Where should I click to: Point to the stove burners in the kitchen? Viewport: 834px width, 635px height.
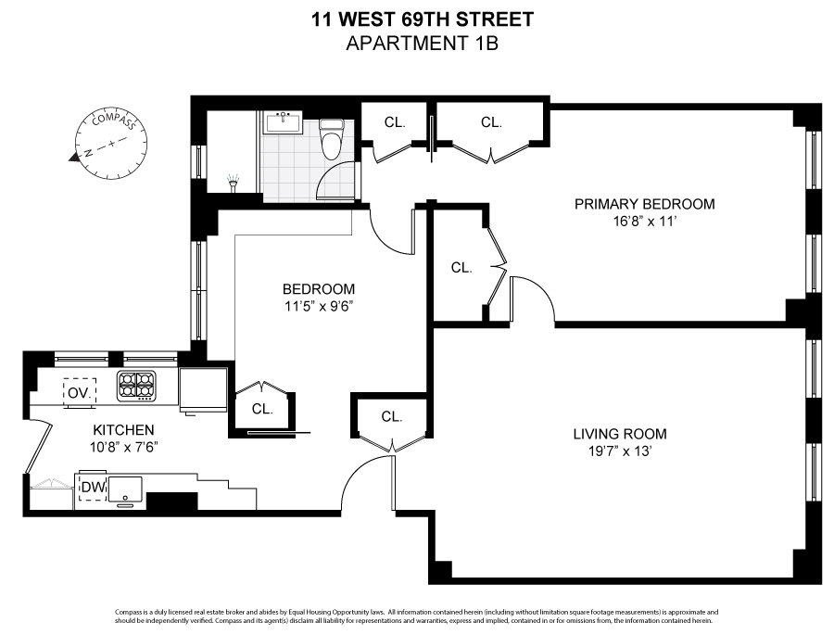[137, 385]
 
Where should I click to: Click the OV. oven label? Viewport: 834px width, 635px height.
[78, 392]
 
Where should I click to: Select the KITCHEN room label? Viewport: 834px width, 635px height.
[123, 430]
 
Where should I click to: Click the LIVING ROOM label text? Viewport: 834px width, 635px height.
[619, 434]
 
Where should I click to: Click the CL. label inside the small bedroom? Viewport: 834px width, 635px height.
[262, 408]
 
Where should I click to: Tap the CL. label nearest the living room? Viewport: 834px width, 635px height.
[392, 417]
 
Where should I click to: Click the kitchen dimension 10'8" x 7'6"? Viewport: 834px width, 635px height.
[123, 449]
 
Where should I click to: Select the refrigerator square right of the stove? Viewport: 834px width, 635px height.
[202, 389]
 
